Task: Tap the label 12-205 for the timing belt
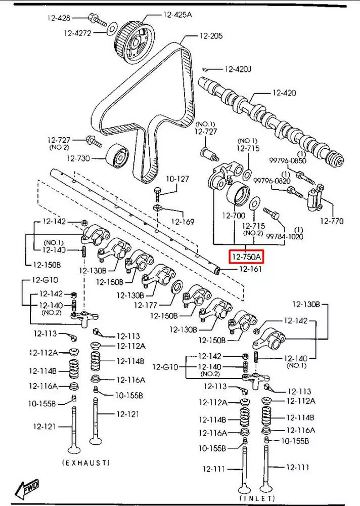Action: [211, 36]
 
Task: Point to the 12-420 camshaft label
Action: [284, 93]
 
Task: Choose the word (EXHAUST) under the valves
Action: [85, 462]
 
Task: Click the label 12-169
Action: [182, 221]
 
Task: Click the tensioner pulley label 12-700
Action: [233, 215]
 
